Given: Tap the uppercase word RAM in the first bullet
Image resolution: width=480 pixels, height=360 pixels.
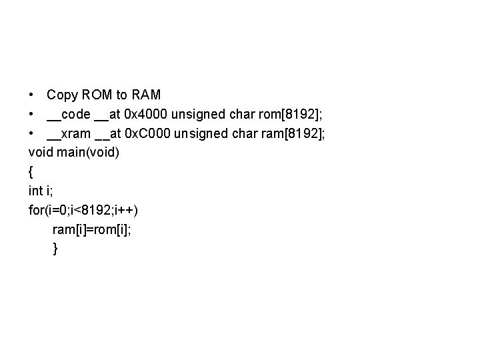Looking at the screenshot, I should point(146,95).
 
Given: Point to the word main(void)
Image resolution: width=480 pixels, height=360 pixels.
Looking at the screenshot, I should point(89,153).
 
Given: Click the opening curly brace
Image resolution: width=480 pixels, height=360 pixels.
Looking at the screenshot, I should point(31,172).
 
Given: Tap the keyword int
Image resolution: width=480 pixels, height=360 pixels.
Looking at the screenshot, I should point(35,191).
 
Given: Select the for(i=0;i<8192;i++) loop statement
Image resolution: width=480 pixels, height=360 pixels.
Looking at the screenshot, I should point(83,210).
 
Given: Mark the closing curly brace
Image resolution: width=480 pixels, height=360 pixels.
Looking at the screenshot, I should point(55,249).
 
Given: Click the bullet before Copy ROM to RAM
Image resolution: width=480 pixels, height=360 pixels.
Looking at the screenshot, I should point(33,96).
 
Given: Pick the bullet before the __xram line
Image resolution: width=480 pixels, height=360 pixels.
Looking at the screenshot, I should point(33,135).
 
